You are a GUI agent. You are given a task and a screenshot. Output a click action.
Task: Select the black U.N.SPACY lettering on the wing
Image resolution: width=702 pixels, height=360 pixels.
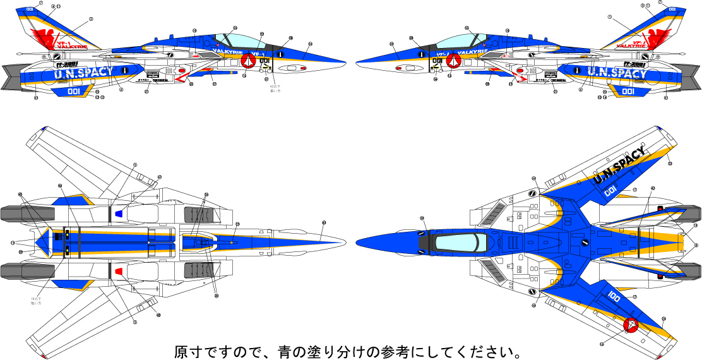[620, 165]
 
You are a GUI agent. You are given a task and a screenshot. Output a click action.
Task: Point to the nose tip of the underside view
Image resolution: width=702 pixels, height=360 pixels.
[344, 242]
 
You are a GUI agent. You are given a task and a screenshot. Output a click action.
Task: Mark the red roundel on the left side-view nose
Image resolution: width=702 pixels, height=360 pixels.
[247, 61]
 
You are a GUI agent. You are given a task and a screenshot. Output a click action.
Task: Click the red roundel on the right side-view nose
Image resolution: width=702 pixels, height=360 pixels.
[453, 61]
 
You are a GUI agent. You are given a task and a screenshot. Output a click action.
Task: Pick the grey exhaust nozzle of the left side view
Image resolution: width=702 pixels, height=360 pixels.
[11, 76]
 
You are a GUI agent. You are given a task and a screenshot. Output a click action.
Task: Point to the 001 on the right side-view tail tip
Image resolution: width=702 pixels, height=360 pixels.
[671, 9]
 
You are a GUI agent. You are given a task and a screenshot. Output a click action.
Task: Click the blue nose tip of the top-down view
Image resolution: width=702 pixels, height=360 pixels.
[359, 243]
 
